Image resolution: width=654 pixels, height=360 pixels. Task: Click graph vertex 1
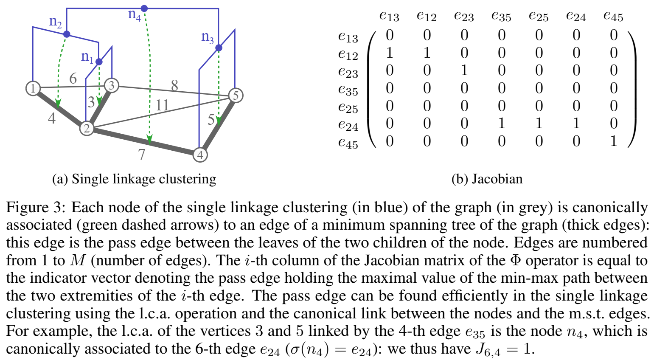pyautogui.click(x=33, y=88)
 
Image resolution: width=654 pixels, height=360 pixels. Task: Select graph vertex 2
pyautogui.click(x=87, y=128)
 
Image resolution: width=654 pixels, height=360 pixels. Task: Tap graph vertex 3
pyautogui.click(x=112, y=85)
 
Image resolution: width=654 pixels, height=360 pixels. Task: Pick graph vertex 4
pyautogui.click(x=200, y=155)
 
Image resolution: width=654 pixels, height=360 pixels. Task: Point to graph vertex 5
pyautogui.click(x=236, y=95)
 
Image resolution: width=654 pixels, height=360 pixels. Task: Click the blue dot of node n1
pyautogui.click(x=99, y=62)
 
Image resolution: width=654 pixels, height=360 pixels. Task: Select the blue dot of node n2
pyautogui.click(x=67, y=34)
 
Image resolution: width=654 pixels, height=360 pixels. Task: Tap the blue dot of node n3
pyautogui.click(x=219, y=48)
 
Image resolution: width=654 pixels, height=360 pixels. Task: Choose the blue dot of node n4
pyautogui.click(x=144, y=8)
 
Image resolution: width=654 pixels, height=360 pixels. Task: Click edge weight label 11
pyautogui.click(x=162, y=105)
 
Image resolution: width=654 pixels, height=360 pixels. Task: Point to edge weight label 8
pyautogui.click(x=174, y=86)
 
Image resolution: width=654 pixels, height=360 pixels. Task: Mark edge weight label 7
pyautogui.click(x=142, y=155)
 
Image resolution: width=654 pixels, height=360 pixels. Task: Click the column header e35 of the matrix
pyautogui.click(x=501, y=17)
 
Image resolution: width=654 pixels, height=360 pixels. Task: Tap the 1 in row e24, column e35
pyautogui.click(x=501, y=124)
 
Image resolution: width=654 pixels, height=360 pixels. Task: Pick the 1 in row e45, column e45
pyautogui.click(x=613, y=141)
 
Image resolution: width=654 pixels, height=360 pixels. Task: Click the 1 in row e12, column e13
pyautogui.click(x=389, y=53)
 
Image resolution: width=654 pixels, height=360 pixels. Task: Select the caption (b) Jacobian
pyautogui.click(x=487, y=179)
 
